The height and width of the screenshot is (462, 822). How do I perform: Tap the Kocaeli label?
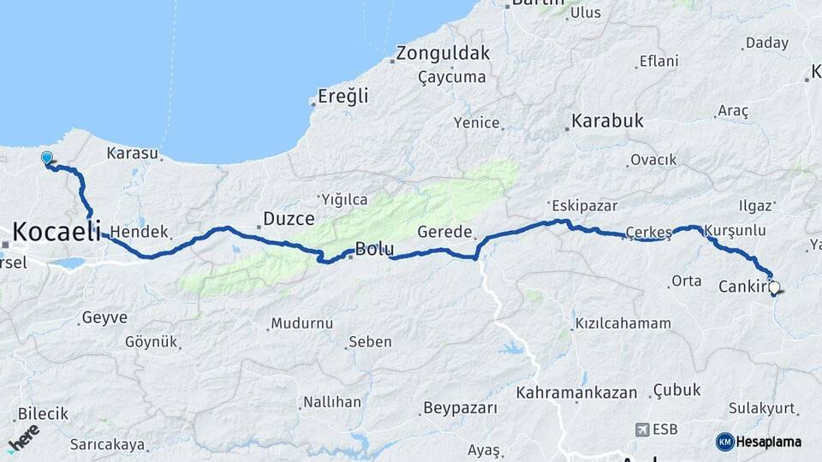(x=57, y=230)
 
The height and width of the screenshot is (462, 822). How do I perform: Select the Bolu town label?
(x=374, y=250)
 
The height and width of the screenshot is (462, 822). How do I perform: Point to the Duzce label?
(x=289, y=218)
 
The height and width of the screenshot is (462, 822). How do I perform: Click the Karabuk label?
(x=607, y=121)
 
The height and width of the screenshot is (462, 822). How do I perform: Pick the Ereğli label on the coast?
(x=342, y=96)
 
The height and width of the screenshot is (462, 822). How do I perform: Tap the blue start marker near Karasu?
(x=47, y=158)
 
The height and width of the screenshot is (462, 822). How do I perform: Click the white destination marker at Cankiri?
(x=775, y=288)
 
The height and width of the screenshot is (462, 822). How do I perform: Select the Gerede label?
(x=444, y=232)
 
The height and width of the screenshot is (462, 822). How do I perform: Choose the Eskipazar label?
(x=585, y=205)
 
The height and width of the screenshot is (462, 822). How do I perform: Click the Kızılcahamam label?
(x=622, y=323)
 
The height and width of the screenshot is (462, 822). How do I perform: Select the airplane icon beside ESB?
(x=642, y=429)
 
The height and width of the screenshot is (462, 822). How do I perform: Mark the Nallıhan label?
(x=330, y=401)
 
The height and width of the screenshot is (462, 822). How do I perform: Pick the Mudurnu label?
(x=301, y=323)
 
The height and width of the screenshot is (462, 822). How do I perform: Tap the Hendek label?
(x=140, y=231)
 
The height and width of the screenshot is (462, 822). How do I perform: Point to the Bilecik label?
(x=43, y=413)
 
